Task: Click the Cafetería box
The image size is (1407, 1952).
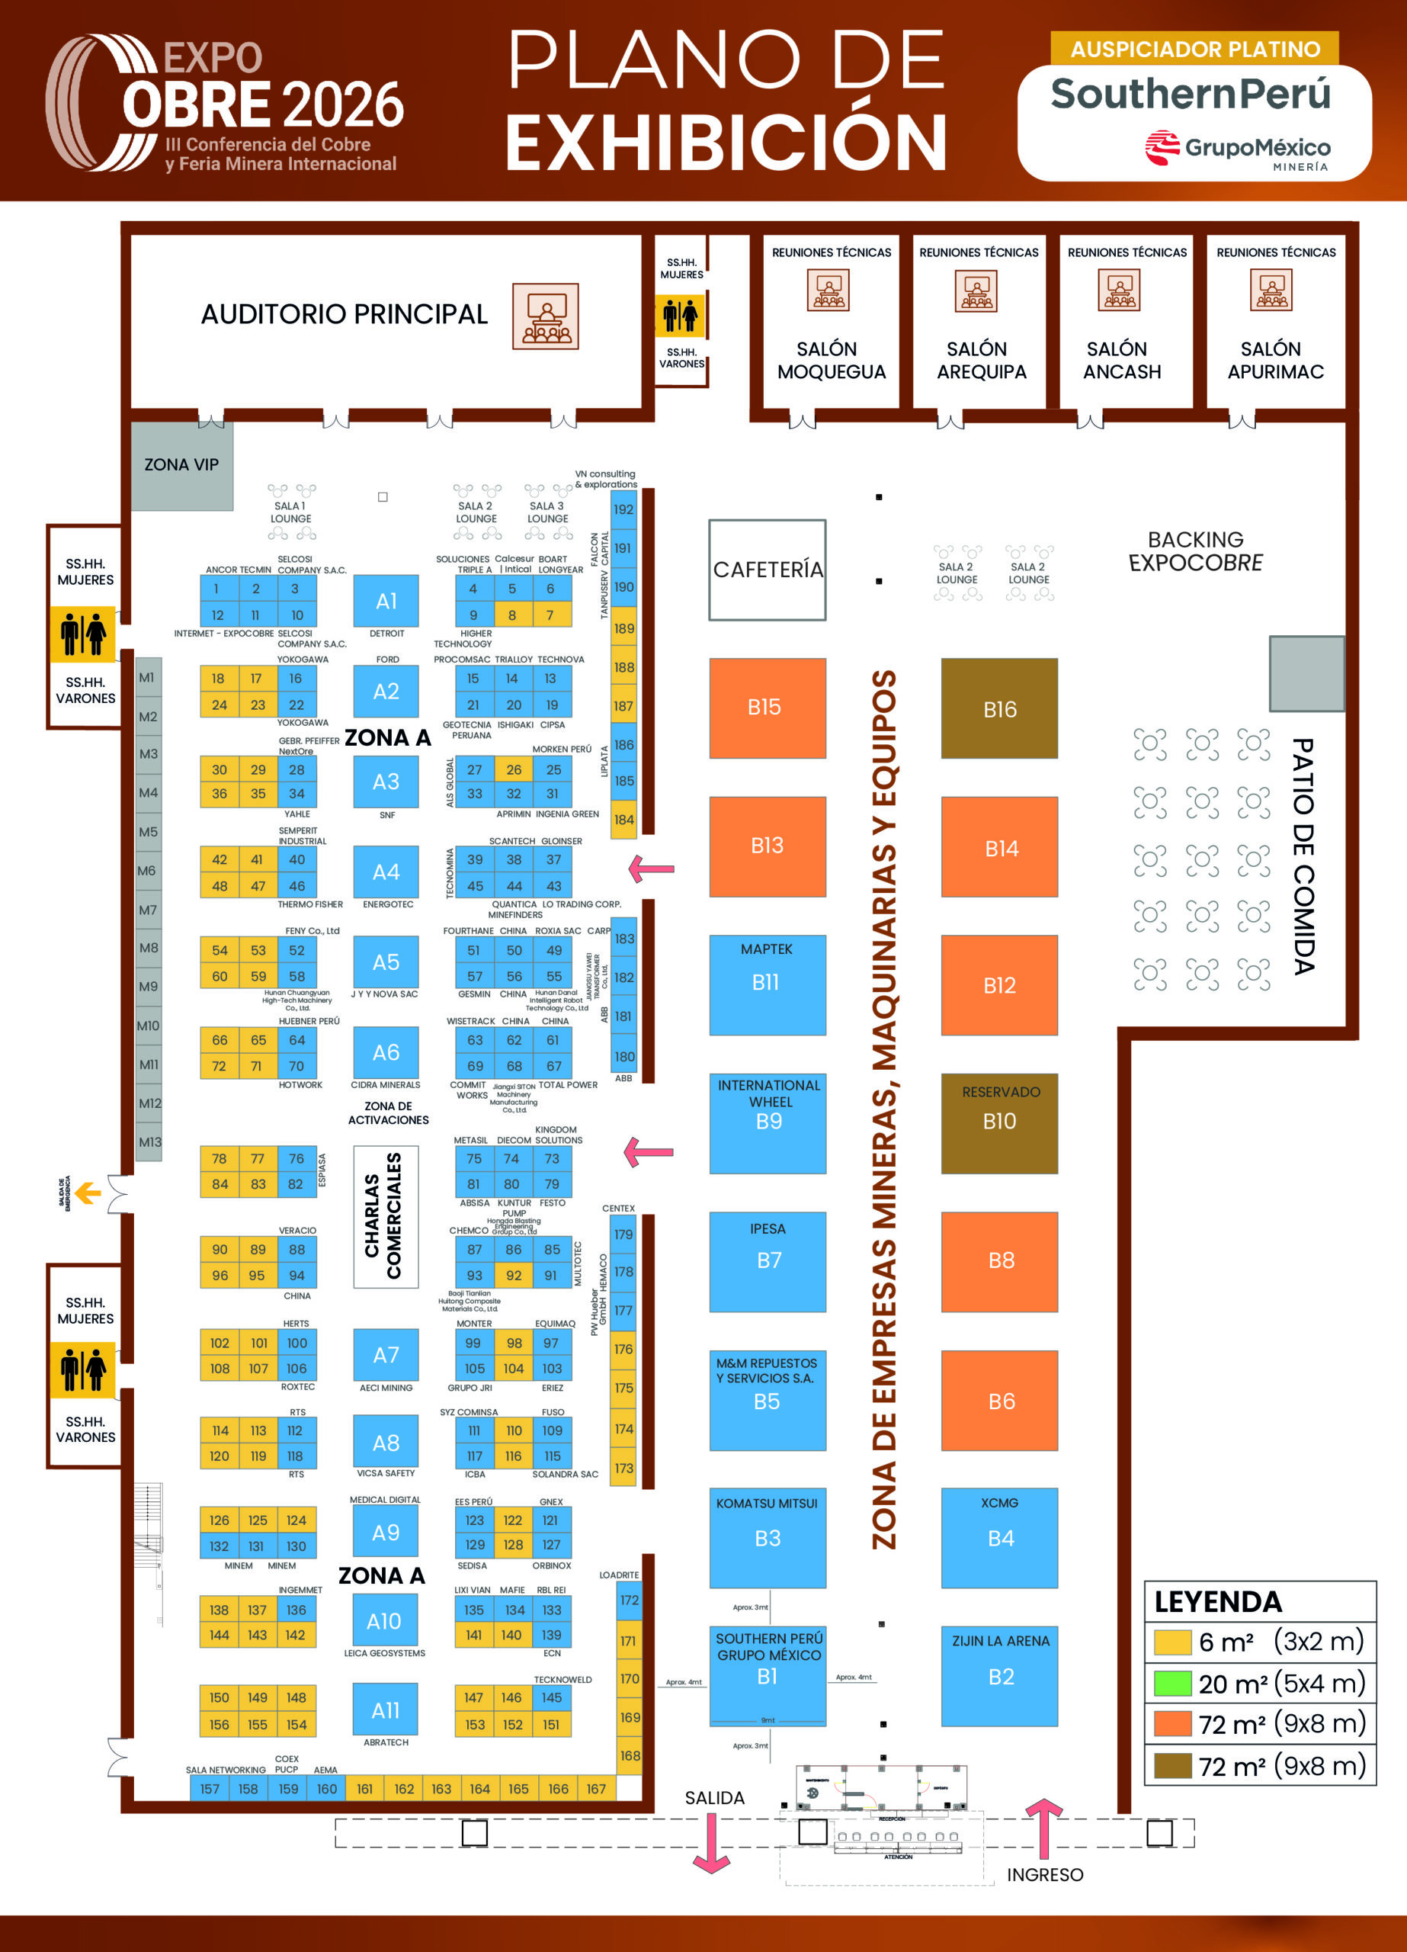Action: click(767, 570)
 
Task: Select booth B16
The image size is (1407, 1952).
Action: click(999, 708)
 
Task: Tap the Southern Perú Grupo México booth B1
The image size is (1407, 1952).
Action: click(767, 1675)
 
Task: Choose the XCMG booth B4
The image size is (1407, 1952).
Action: click(999, 1537)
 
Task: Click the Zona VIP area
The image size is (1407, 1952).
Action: click(181, 465)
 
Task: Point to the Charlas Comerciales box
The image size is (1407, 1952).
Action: click(386, 1216)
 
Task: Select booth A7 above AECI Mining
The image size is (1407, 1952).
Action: click(386, 1355)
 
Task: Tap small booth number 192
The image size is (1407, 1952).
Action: click(623, 509)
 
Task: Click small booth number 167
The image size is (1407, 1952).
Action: click(596, 1789)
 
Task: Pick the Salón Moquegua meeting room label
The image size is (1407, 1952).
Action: click(831, 361)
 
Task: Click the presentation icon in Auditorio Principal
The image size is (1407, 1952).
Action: click(546, 316)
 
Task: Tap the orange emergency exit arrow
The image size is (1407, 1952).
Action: click(88, 1193)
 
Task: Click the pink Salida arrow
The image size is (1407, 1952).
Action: click(712, 1843)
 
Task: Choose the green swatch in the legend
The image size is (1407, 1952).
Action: click(1172, 1683)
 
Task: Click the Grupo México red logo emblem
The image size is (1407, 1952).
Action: click(1162, 147)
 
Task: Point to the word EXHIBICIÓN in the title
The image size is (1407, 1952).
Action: click(726, 142)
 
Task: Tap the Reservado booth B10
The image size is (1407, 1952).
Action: click(999, 1122)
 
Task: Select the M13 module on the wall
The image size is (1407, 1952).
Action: click(149, 1142)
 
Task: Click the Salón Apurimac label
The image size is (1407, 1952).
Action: click(1275, 361)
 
